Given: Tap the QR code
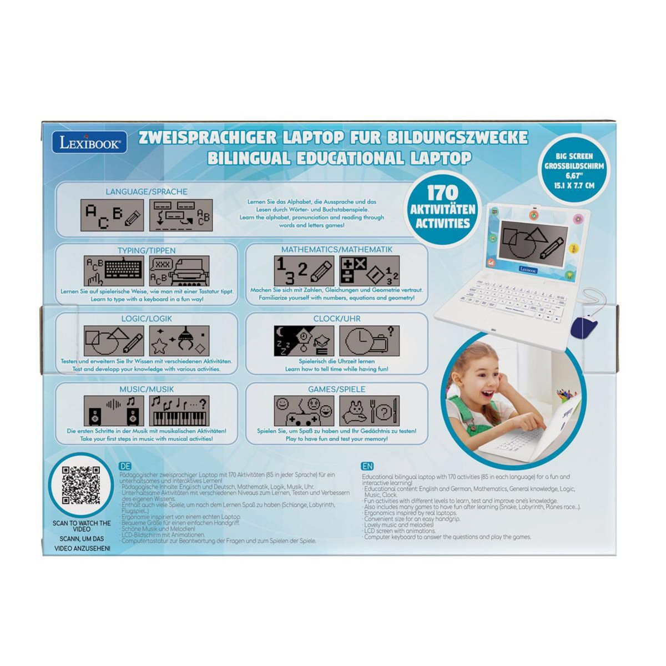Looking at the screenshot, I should [81, 485].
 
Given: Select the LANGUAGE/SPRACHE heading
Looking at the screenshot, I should [147, 191].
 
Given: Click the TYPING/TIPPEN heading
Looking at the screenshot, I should [147, 250].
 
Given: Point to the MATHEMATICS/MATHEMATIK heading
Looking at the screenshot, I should [336, 250].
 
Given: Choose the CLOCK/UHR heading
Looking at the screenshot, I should [336, 319].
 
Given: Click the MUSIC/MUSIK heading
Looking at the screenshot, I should [147, 389].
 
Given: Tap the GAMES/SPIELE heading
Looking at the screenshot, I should [336, 389].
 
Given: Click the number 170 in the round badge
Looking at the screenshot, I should [443, 193].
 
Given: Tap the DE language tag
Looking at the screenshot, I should [125, 467].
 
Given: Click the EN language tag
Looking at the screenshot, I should [366, 467].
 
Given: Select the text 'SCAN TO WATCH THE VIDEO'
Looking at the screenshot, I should [82, 526].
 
